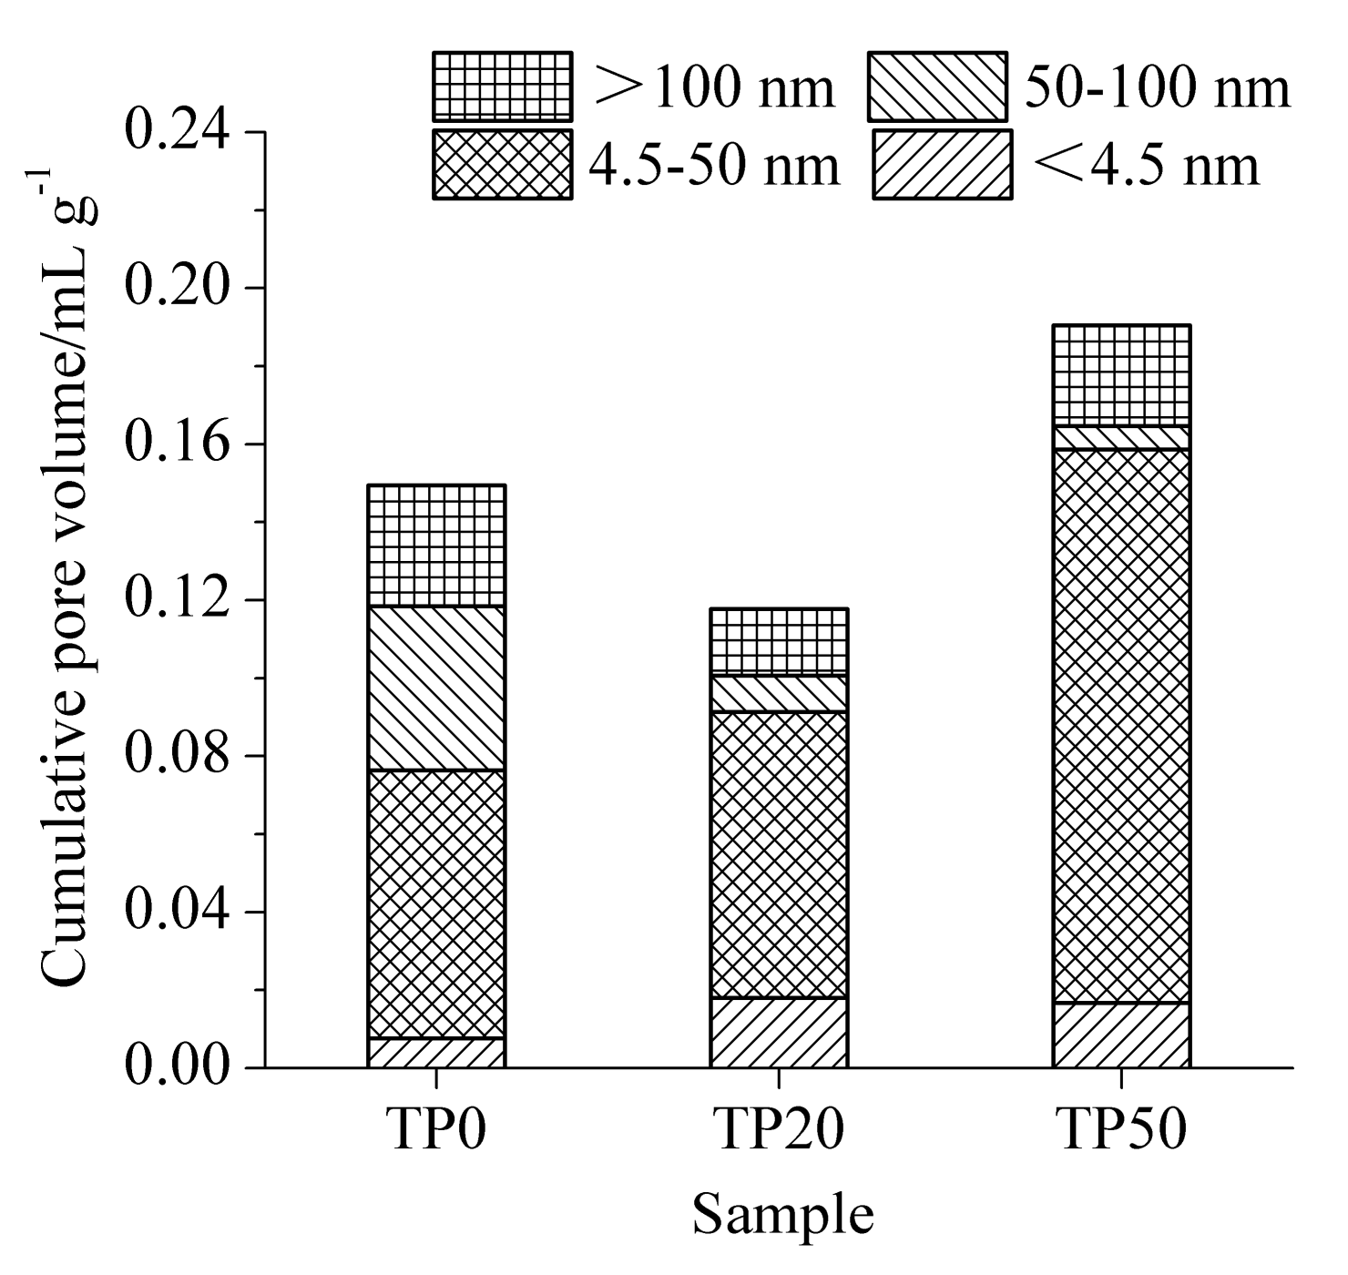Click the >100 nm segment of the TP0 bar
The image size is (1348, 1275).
click(x=436, y=546)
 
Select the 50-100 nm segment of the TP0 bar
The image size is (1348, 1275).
click(x=436, y=688)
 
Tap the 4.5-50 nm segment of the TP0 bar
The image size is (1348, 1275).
click(x=436, y=903)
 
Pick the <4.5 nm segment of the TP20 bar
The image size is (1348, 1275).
click(x=779, y=1033)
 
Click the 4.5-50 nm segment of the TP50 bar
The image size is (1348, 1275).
click(x=1121, y=726)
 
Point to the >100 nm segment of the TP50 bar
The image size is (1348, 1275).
click(x=1121, y=375)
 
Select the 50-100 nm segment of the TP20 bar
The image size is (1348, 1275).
click(x=779, y=693)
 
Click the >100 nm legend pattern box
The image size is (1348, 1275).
click(x=502, y=87)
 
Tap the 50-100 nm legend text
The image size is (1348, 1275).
click(x=1157, y=88)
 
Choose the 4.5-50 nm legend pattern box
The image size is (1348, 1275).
click(x=502, y=164)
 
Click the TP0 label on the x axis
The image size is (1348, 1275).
click(x=436, y=1130)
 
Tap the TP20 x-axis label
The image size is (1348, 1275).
click(x=779, y=1130)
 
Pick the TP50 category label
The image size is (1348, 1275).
click(x=1121, y=1130)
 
